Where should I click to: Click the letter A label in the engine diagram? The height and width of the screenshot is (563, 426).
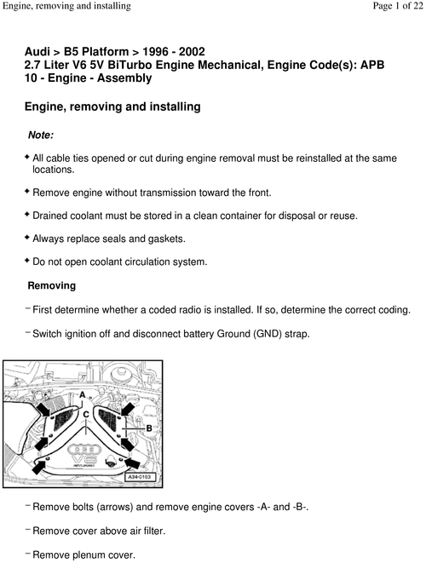[x=82, y=395]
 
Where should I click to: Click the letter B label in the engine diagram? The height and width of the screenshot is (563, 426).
[x=148, y=427]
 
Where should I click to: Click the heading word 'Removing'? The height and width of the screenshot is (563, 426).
[x=52, y=285]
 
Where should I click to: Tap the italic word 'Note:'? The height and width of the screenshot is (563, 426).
[x=41, y=135]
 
